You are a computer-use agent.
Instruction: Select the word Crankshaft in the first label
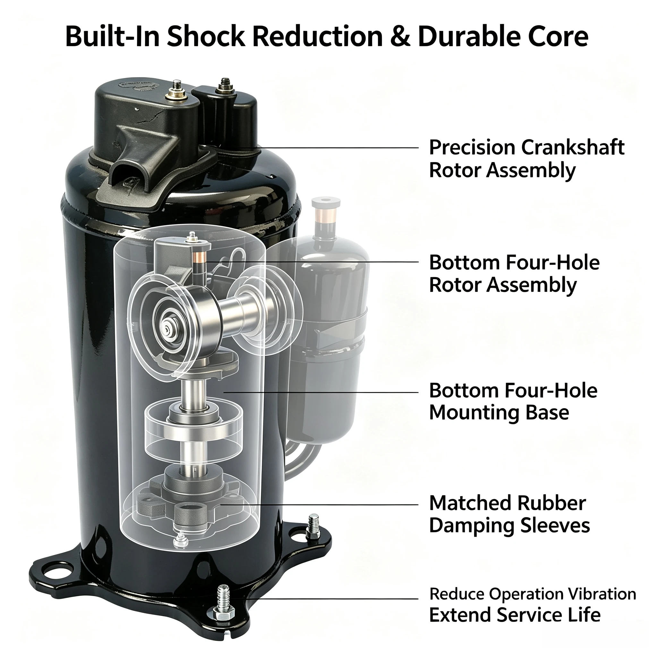tap(573, 148)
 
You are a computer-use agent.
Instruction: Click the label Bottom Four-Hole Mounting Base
tap(513, 402)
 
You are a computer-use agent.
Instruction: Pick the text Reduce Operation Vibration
tap(533, 594)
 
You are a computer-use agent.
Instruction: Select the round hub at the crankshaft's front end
tap(168, 328)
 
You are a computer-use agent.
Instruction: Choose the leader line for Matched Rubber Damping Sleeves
tap(319, 504)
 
